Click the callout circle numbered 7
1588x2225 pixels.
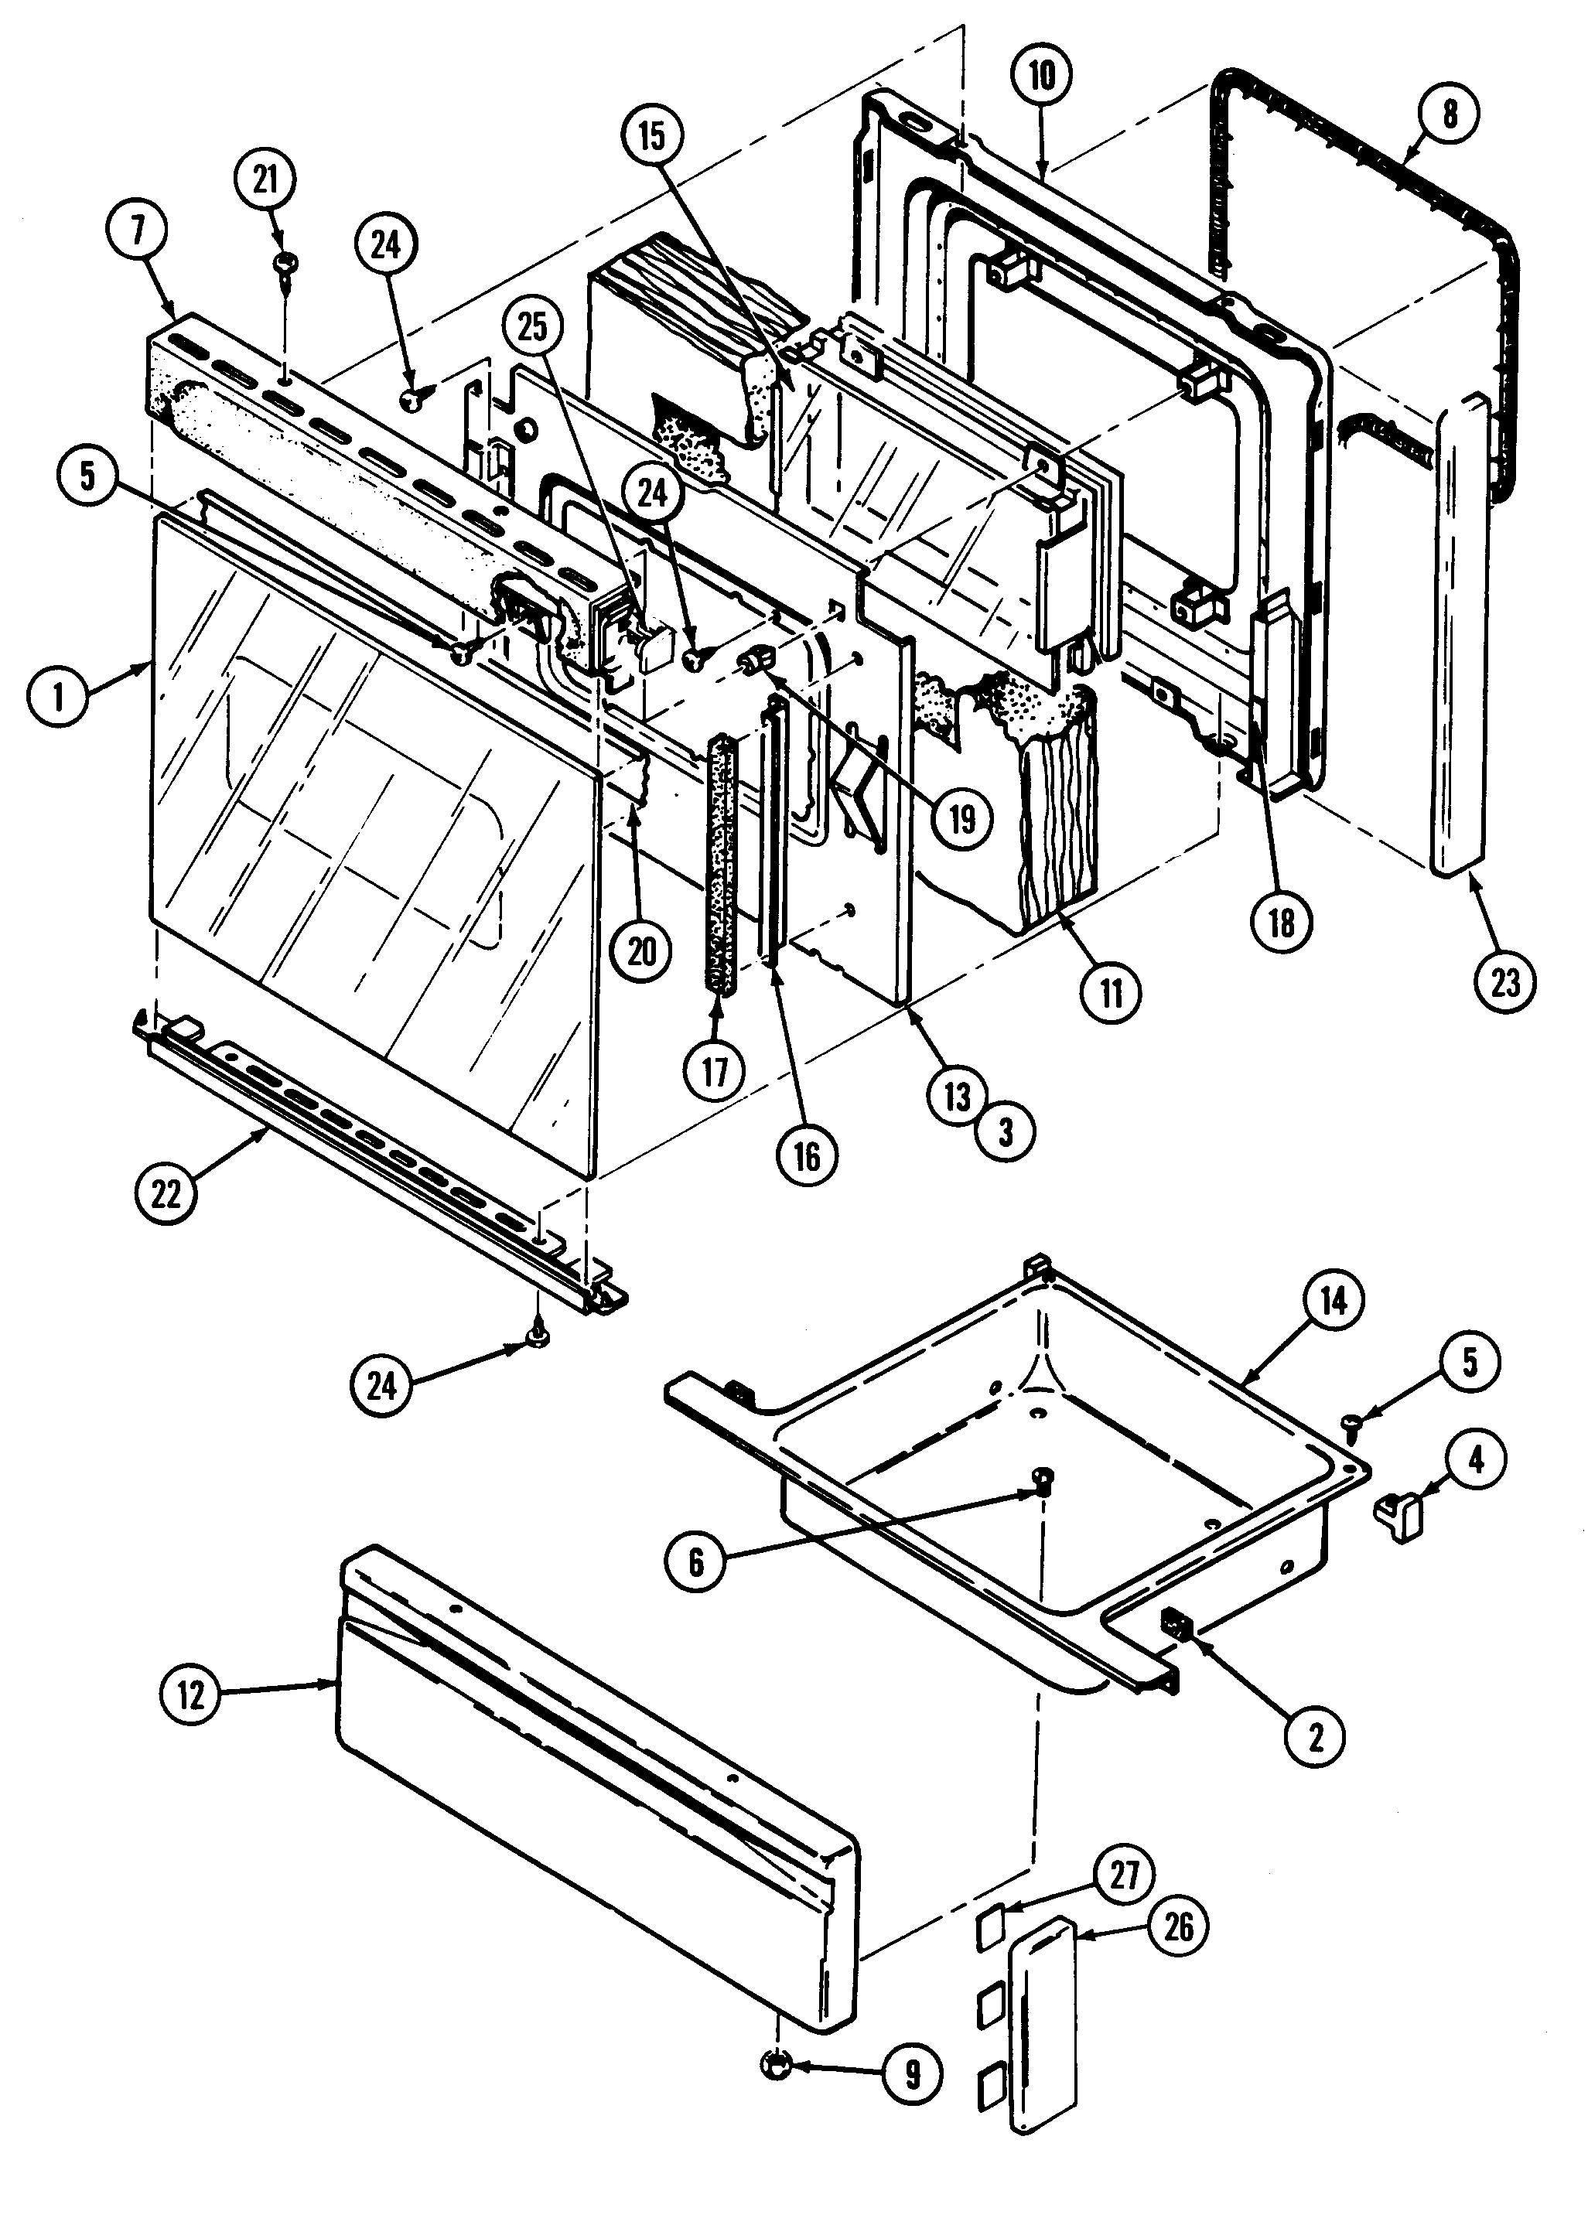pos(137,230)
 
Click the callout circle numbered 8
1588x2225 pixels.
pos(1449,114)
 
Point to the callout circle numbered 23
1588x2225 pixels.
pos(1505,981)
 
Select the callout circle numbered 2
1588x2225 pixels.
pos(1315,1737)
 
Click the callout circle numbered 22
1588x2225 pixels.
pos(166,1193)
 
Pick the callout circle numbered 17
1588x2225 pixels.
pos(715,1071)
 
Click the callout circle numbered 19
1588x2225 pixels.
pos(962,819)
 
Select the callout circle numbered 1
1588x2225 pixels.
pos(58,698)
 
